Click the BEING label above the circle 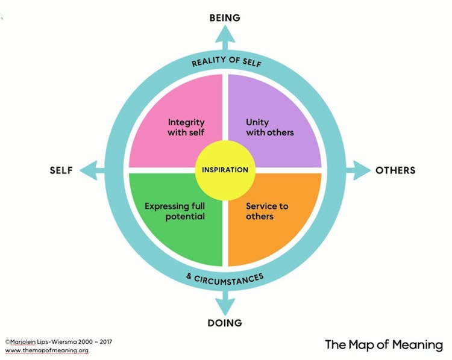(225, 18)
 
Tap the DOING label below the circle (225, 323)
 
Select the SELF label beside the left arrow (61, 170)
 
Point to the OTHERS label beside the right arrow (395, 170)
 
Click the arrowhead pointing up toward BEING (225, 34)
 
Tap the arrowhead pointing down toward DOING (225, 306)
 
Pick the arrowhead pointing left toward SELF (89, 170)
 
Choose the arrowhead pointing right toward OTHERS (362, 170)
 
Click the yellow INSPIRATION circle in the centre (225, 170)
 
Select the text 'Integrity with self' (186, 127)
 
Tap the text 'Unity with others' (270, 127)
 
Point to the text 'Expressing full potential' (175, 211)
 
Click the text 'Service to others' (267, 211)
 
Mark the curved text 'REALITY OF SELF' (227, 61)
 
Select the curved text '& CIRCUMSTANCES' (225, 279)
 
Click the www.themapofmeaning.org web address (46, 350)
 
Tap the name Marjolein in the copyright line (23, 342)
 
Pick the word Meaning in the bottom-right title (418, 345)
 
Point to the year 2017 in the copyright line (106, 342)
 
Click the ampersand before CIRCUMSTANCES (189, 276)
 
